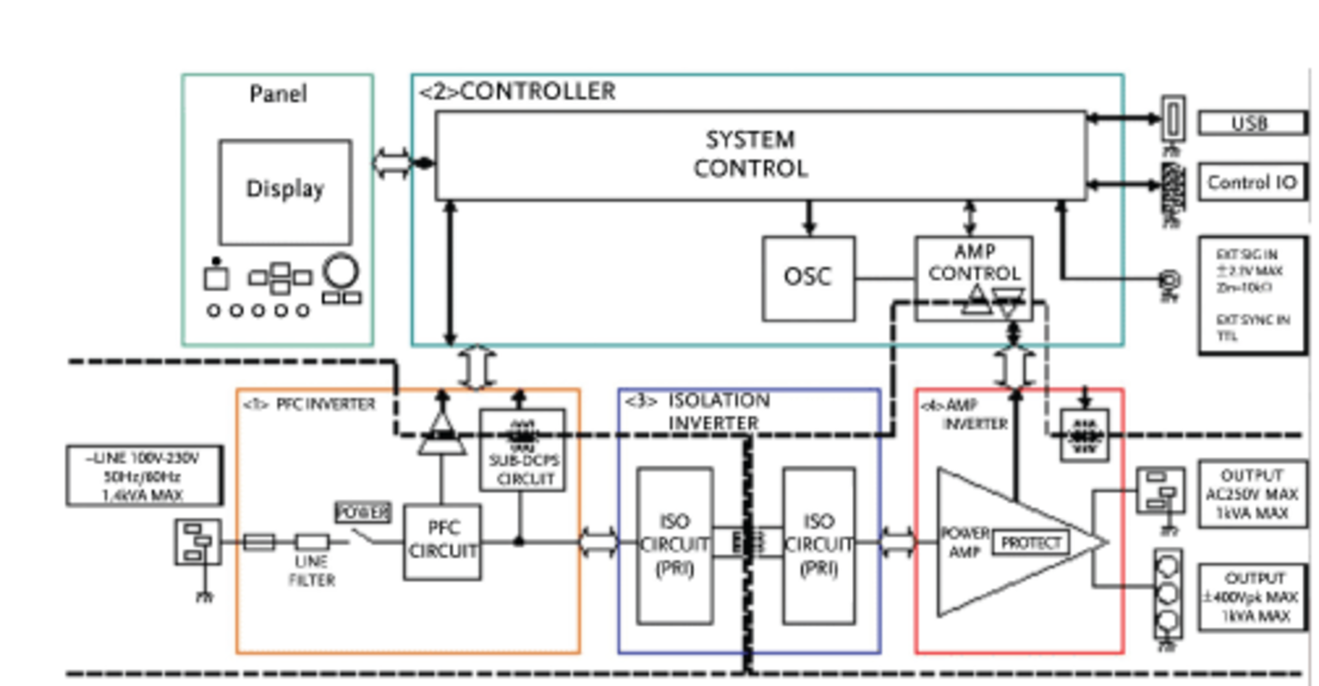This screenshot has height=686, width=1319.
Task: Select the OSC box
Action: [808, 278]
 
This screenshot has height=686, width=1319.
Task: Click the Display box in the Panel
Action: [285, 191]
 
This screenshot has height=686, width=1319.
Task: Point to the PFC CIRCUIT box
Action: [442, 542]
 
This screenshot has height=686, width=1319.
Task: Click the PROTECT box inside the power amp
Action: [1030, 543]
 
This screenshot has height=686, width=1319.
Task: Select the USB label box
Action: [1252, 123]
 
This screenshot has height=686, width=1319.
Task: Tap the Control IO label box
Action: [1252, 182]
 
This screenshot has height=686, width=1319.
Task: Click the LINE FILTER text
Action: [311, 571]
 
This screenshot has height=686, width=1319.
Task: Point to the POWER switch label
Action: [363, 512]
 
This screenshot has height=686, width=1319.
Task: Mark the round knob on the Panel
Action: [341, 271]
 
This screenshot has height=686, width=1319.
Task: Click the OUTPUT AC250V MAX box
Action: [1252, 494]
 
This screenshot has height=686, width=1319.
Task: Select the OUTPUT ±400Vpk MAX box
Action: [1252, 597]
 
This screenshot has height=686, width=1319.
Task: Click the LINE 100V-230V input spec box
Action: [144, 476]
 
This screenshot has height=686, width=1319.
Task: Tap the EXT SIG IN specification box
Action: [1252, 296]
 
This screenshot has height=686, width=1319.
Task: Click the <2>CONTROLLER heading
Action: [517, 91]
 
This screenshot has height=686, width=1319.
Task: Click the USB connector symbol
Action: [1173, 119]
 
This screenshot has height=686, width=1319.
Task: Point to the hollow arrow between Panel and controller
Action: [392, 164]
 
